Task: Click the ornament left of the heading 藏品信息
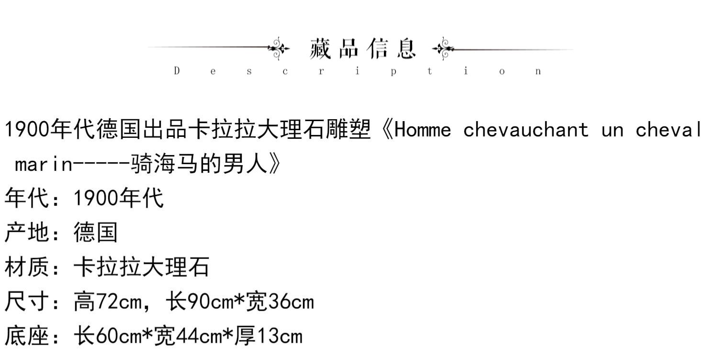(x=278, y=48)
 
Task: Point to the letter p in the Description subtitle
(x=393, y=72)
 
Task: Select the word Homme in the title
(x=423, y=130)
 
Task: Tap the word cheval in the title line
(x=669, y=130)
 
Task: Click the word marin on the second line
(x=44, y=165)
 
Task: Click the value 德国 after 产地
(x=95, y=233)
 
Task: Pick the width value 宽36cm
(x=280, y=302)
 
